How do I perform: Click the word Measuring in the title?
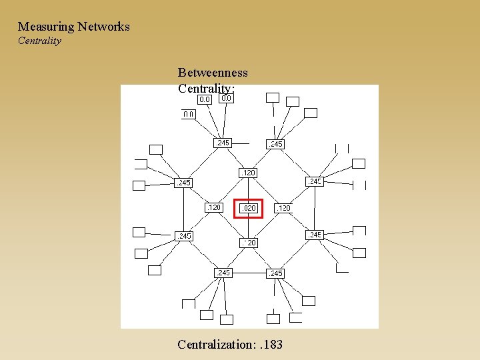point(45,27)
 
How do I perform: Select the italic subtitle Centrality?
point(39,41)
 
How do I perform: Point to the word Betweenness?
point(213,73)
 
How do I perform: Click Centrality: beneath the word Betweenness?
point(206,89)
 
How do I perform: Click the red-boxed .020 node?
point(249,209)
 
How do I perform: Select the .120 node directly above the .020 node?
point(248,173)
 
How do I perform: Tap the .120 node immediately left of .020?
point(214,207)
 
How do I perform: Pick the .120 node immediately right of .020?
point(283,209)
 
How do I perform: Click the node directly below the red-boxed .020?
point(249,243)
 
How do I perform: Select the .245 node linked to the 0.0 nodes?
point(222,143)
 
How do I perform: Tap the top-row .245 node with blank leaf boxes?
point(275,144)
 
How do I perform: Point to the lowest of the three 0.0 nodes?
point(189,114)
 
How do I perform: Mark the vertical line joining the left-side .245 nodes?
point(184,209)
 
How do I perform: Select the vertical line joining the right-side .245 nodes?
point(315,208)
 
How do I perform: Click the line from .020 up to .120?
point(249,189)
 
